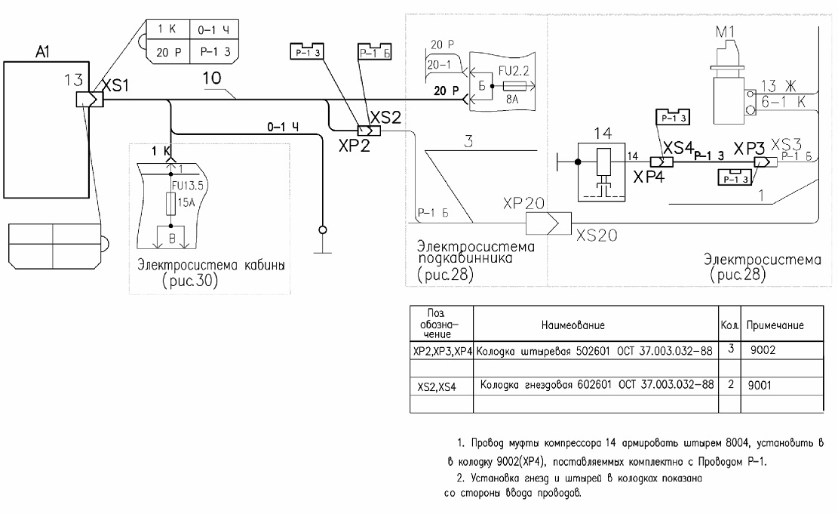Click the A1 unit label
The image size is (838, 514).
(43, 52)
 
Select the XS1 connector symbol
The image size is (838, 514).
(89, 100)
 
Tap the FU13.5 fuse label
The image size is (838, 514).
(188, 186)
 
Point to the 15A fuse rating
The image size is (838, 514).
(186, 203)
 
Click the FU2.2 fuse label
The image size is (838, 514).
(514, 71)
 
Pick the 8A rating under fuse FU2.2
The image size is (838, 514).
(512, 99)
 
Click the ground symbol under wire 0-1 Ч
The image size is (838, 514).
(322, 241)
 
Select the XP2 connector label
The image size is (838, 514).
(354, 145)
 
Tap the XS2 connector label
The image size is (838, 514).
(385, 118)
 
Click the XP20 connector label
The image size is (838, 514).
(523, 203)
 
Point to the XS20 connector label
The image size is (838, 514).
(597, 235)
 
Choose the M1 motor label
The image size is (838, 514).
(725, 32)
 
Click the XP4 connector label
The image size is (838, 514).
(649, 177)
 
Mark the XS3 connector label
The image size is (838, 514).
(787, 144)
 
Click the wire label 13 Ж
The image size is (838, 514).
(778, 85)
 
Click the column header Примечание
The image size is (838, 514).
(775, 325)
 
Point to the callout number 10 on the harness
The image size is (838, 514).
(212, 78)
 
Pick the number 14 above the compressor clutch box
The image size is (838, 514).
(603, 133)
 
